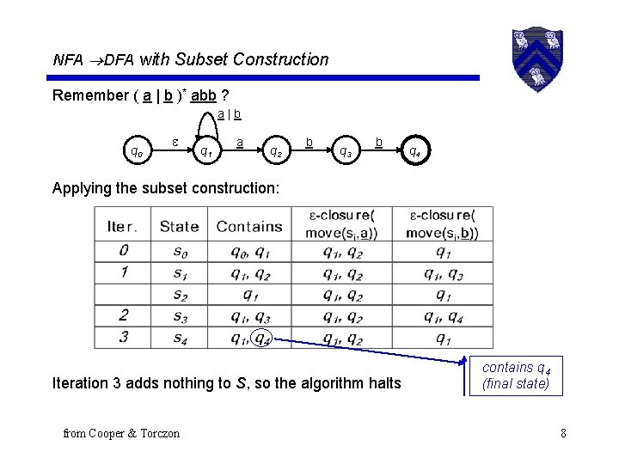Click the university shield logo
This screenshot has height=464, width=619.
pos(538,58)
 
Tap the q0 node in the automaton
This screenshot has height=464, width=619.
pos(136,152)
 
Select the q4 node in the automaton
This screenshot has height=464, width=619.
pos(414,152)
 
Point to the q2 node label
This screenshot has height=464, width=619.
pos(275,152)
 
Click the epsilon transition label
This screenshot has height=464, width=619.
pos(175,139)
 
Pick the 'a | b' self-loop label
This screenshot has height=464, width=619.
pos(229,113)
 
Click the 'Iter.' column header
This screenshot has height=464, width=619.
pos(123,227)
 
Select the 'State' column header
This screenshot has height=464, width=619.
pos(179,227)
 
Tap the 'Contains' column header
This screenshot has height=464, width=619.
pos(249,227)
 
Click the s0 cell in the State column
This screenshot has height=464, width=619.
pos(179,252)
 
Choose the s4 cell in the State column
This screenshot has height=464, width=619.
pos(179,337)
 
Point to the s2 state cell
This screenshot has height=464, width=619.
pos(179,295)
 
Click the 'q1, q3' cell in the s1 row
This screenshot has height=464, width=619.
pos(444,273)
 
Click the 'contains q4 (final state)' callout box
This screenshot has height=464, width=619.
pos(516,375)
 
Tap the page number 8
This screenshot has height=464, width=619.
pos(563,433)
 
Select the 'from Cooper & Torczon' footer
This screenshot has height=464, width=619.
pos(121,433)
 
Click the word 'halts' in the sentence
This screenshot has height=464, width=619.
pos(383,382)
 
